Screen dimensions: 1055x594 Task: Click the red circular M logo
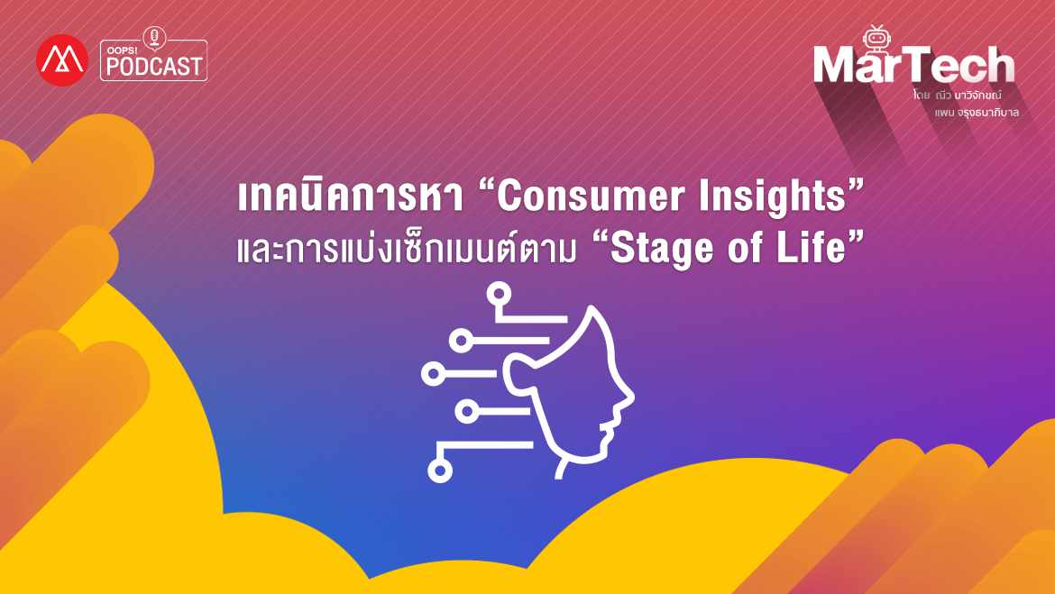(x=62, y=60)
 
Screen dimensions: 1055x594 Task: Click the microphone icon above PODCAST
(x=155, y=38)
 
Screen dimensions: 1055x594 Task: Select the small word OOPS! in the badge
(x=122, y=50)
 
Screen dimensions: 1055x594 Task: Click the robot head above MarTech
(x=876, y=37)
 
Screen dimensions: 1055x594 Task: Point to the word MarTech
(x=913, y=65)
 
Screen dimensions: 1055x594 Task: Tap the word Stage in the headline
(x=662, y=249)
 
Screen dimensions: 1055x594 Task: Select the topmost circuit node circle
(x=499, y=294)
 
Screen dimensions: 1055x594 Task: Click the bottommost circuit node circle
(x=440, y=471)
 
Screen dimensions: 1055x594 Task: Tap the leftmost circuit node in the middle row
(x=434, y=373)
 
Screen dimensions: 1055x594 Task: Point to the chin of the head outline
(x=592, y=457)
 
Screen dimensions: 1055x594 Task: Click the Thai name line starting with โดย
(x=957, y=95)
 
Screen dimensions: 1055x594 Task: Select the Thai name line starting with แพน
(x=977, y=113)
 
